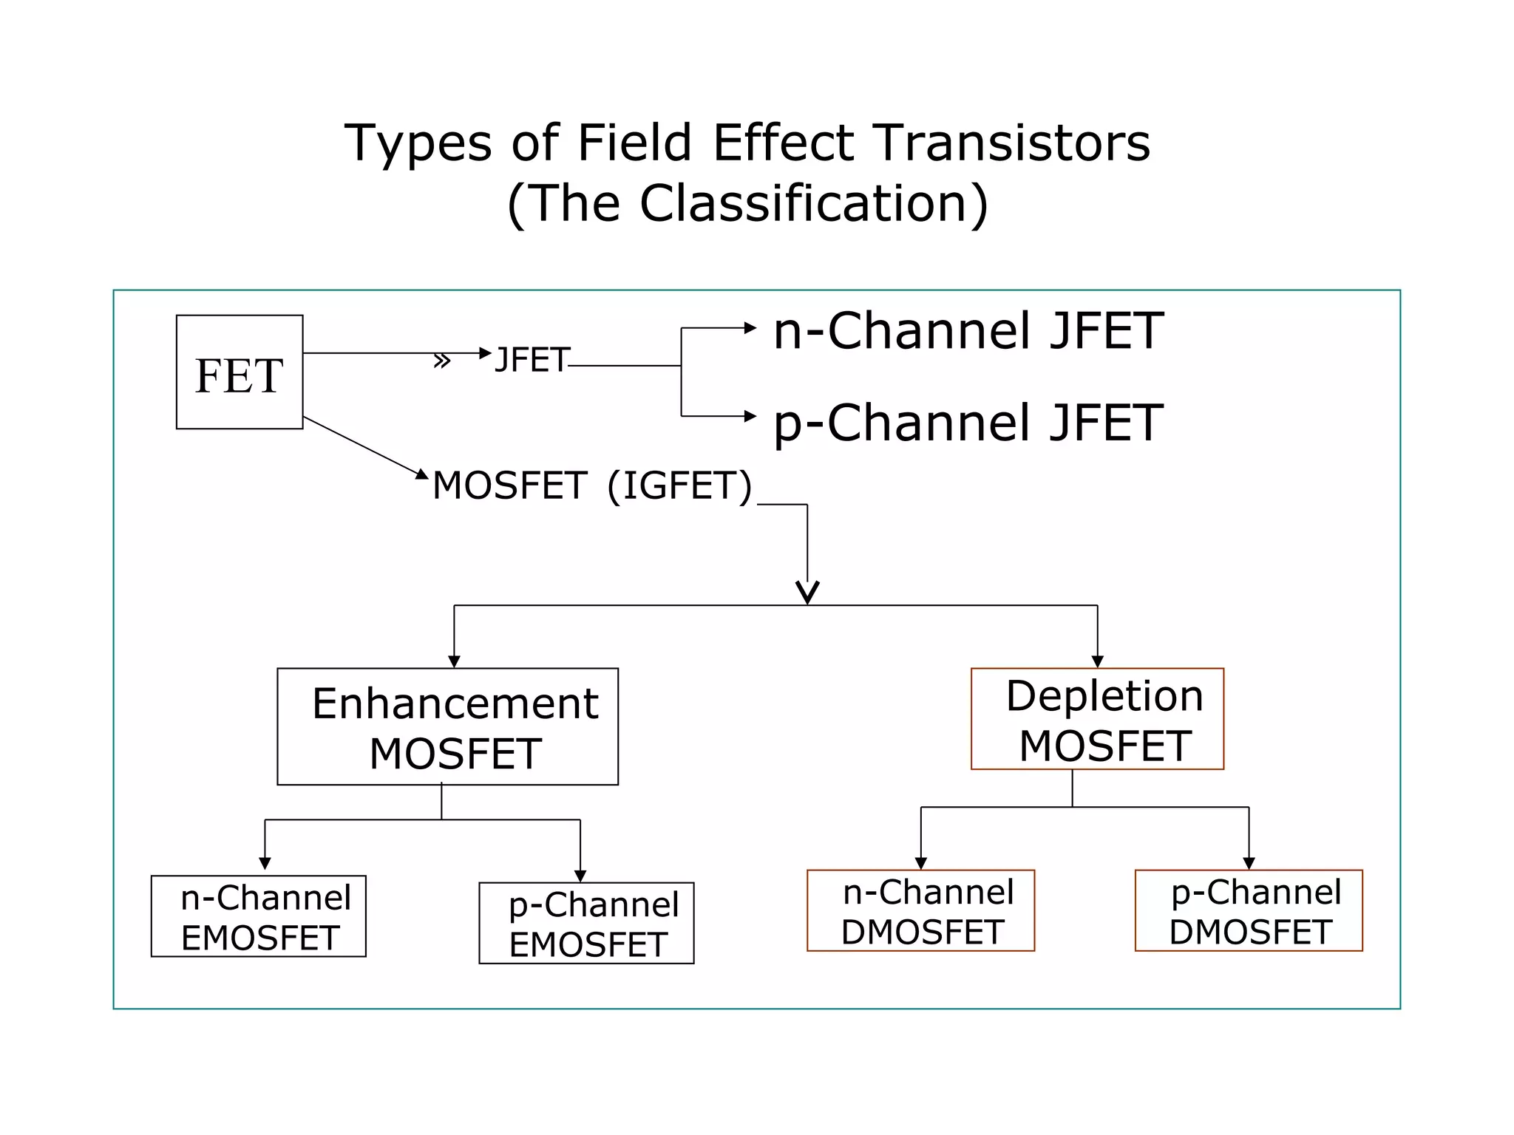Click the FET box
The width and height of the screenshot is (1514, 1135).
click(x=239, y=372)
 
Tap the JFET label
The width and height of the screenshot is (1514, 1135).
click(x=532, y=361)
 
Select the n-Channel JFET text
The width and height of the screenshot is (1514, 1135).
click(x=968, y=331)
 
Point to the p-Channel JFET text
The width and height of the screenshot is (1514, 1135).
click(x=968, y=423)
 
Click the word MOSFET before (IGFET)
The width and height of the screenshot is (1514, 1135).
click(x=509, y=486)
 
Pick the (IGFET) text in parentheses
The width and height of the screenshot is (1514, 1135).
click(x=679, y=486)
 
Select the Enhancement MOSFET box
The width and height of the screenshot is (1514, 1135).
click(x=447, y=726)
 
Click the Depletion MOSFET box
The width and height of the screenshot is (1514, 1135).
click(x=1096, y=719)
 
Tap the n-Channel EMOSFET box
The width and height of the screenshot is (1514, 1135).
click(x=258, y=916)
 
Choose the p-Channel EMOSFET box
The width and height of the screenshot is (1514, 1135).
click(x=586, y=923)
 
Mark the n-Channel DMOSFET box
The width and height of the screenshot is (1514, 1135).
click(x=920, y=910)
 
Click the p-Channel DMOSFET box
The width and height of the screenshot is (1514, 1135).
click(x=1248, y=910)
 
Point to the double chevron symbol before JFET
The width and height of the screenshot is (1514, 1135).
click(x=441, y=361)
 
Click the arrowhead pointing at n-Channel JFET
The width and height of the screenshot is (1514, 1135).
click(x=750, y=327)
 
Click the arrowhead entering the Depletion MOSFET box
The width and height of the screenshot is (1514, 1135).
click(x=1097, y=661)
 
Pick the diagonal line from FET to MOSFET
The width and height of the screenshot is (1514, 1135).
click(x=360, y=445)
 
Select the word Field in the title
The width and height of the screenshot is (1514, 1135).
click(x=634, y=143)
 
